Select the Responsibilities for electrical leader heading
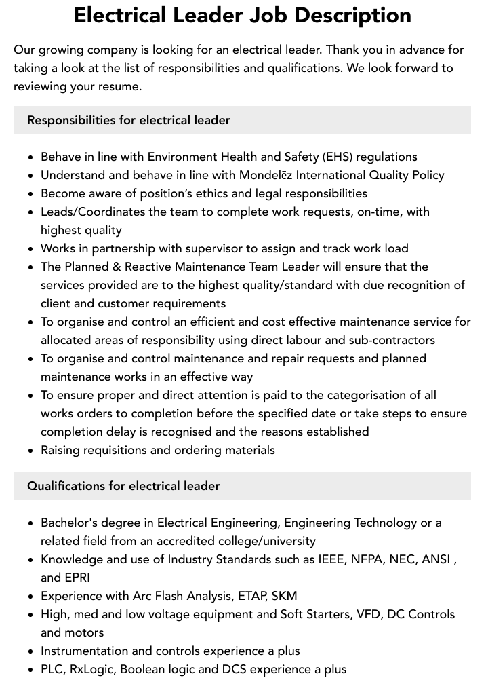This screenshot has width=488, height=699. point(129,120)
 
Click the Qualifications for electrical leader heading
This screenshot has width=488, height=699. point(123,486)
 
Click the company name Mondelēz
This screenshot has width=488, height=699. point(268,175)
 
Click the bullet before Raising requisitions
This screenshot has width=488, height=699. point(30,451)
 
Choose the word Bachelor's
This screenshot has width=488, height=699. point(73,523)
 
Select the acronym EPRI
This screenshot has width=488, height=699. point(77,578)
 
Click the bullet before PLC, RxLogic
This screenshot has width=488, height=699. point(30,670)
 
